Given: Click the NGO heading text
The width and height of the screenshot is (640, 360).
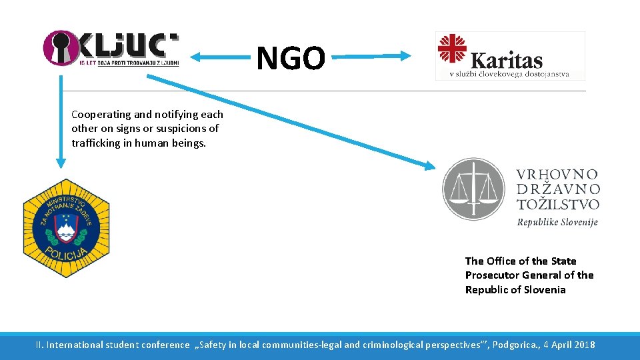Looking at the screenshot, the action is [291, 58].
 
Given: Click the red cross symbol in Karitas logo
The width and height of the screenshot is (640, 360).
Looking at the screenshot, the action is [451, 48].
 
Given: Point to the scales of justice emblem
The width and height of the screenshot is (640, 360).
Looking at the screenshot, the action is [474, 189].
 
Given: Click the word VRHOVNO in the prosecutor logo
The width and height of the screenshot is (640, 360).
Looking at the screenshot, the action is [557, 175].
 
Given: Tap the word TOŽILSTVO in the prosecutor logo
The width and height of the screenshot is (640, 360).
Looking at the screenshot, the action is [558, 205].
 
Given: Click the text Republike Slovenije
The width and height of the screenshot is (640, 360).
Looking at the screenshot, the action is [557, 221].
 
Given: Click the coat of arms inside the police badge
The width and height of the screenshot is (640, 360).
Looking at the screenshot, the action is [66, 227].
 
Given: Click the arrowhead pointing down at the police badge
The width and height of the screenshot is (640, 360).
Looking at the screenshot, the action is [61, 162].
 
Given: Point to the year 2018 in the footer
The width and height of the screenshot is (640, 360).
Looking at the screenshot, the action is [582, 345].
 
